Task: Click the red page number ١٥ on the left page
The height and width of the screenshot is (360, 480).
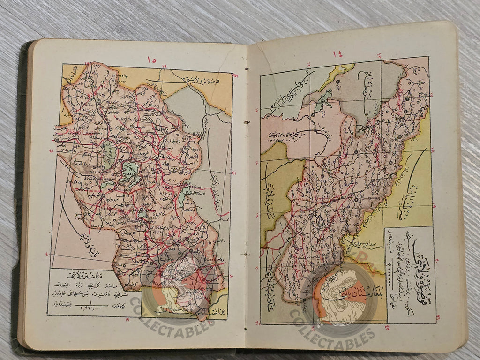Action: click(151, 60)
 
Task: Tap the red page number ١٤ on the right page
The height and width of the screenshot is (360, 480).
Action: click(337, 54)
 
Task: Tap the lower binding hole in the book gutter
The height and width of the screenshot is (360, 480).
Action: click(245, 254)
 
